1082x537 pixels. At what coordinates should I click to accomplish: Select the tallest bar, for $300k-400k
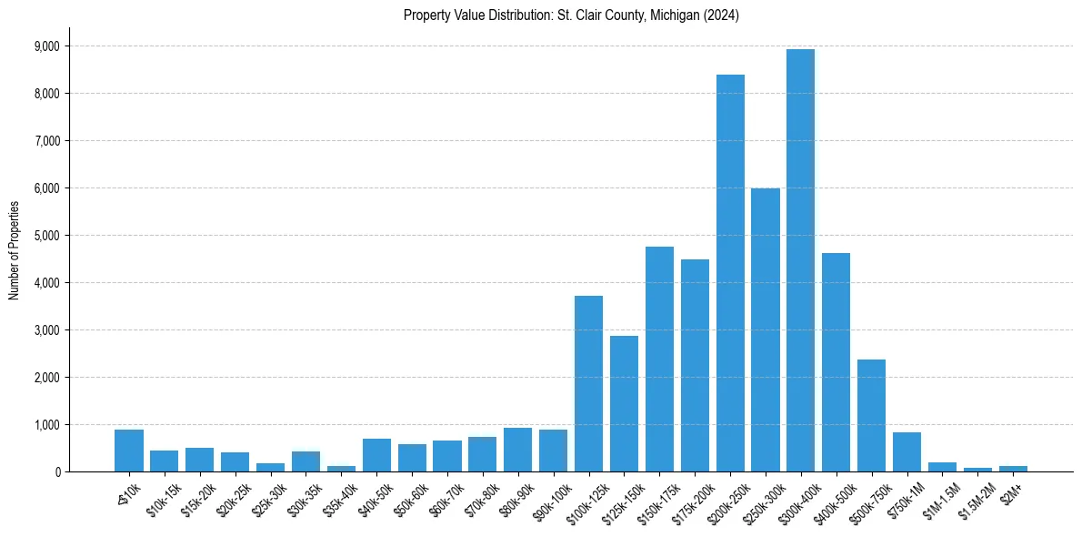pos(800,260)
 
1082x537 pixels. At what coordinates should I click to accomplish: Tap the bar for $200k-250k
pos(730,273)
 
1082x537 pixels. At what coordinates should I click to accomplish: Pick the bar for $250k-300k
pos(766,329)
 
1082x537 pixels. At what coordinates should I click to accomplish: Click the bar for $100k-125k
pos(588,383)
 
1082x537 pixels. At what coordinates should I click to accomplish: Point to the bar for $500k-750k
pos(871,415)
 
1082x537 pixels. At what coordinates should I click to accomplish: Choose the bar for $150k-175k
pos(659,359)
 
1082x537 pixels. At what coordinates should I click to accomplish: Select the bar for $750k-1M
pos(907,451)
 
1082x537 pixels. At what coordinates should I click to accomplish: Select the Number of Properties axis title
pos(15,249)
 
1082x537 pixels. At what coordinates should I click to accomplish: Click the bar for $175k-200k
pos(695,365)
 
